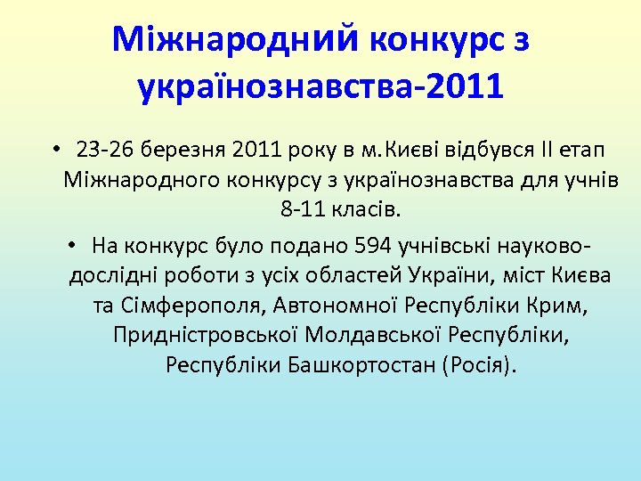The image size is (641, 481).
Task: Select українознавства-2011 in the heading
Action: [x=320, y=88]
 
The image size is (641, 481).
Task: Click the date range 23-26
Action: [x=103, y=148]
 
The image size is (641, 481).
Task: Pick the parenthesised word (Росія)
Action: [x=477, y=366]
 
